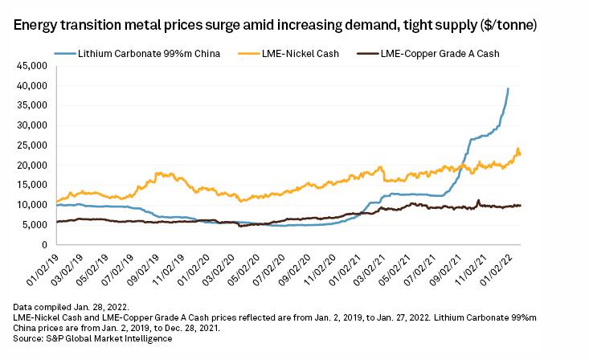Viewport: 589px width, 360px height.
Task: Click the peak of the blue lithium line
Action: pyautogui.click(x=508, y=88)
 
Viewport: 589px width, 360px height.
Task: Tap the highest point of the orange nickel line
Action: pyautogui.click(x=517, y=148)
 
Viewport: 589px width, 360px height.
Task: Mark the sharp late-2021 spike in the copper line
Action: pyautogui.click(x=478, y=200)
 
